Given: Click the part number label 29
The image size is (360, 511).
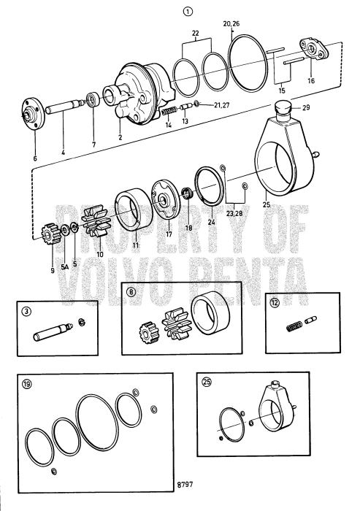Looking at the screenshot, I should coord(306,108).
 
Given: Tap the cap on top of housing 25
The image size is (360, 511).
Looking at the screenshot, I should coord(281,112).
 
